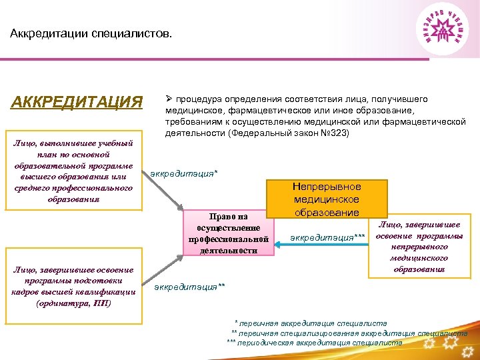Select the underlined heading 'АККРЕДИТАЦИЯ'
pos(77,102)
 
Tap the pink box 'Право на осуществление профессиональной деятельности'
pos(229,233)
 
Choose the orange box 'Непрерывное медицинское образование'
pos(327,199)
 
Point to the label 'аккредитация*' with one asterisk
pos(185,175)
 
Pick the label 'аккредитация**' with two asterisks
pos(190,287)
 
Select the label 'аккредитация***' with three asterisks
pos(327,237)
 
